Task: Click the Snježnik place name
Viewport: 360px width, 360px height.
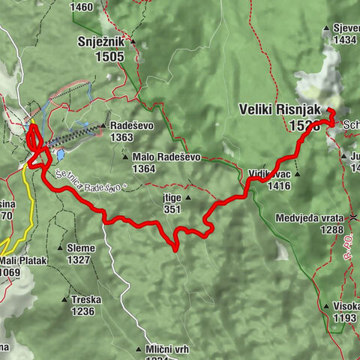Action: pos(103,42)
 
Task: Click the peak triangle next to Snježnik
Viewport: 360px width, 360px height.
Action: pos(133,42)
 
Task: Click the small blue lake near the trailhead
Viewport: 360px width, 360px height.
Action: pos(60,155)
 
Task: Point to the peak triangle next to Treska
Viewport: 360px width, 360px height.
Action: pos(64,298)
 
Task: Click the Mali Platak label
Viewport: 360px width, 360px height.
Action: pos(24,260)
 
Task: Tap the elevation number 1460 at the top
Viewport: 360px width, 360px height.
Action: pos(80,7)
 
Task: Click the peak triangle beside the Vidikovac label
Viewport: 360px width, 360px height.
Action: pos(298,173)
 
